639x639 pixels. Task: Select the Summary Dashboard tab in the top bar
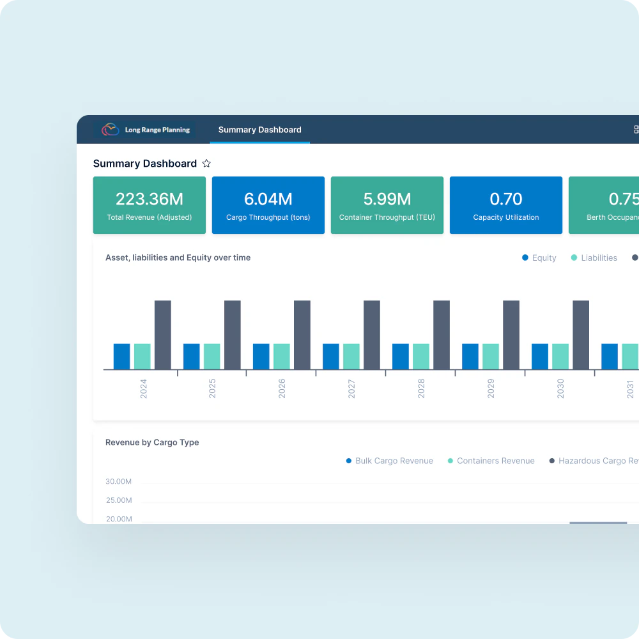[x=259, y=130]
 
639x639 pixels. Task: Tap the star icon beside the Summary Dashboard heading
[x=206, y=164]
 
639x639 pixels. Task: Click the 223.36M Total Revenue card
[x=150, y=205]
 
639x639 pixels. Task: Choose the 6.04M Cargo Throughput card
[x=268, y=205]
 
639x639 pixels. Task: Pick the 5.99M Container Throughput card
[x=387, y=205]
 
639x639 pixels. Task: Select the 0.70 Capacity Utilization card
[x=506, y=205]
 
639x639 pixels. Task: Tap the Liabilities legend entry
[x=594, y=258]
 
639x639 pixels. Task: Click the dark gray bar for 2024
[x=163, y=335]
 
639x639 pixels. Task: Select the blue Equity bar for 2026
[x=261, y=357]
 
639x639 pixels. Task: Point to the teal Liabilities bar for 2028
[x=421, y=357]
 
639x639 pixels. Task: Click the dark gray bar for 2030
[x=581, y=335]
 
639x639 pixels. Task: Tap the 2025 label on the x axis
[x=212, y=389]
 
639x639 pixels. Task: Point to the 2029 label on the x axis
[x=491, y=389]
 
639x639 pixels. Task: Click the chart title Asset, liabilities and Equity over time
[x=178, y=258]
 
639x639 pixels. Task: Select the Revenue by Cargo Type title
[x=152, y=442]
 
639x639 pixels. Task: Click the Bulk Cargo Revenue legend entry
[x=389, y=461]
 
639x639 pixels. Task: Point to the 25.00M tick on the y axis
[x=119, y=500]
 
